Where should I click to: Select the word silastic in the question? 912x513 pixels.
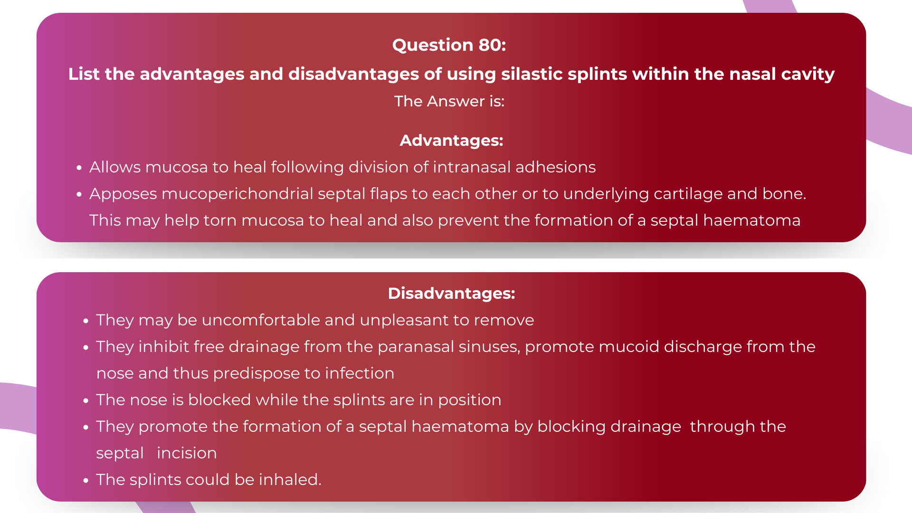[532, 74]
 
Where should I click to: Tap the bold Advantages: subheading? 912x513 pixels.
[451, 141]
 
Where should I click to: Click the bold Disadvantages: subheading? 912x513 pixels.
[451, 294]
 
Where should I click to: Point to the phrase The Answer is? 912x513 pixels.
[449, 101]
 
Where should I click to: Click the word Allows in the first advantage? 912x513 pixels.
[115, 167]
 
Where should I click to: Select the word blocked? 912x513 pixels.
[219, 400]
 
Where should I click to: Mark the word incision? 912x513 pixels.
[187, 453]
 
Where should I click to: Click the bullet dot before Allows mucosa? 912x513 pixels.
[79, 168]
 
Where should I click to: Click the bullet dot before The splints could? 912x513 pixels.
[86, 481]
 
